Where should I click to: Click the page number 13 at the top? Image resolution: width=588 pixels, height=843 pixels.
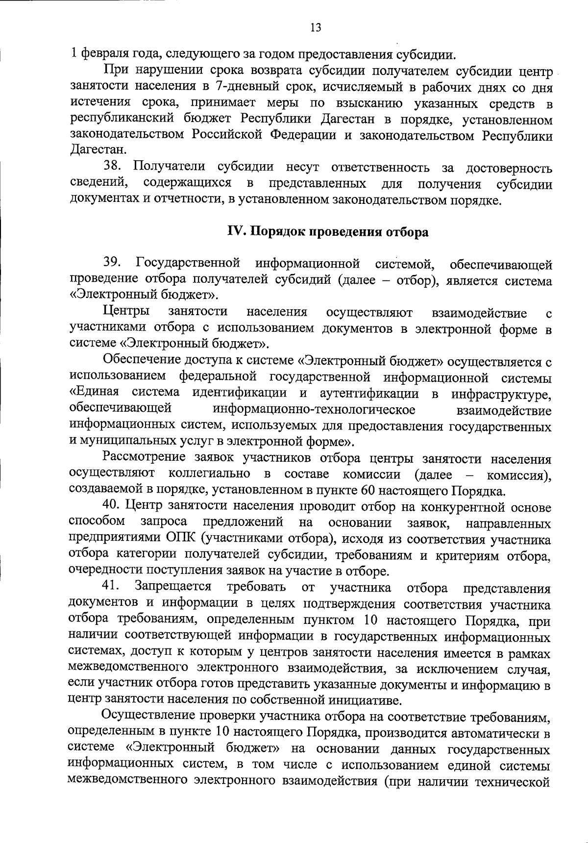point(316,28)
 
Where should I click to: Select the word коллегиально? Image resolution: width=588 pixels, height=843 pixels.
point(209,474)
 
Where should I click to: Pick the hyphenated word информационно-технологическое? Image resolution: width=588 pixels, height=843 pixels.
point(314,409)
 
